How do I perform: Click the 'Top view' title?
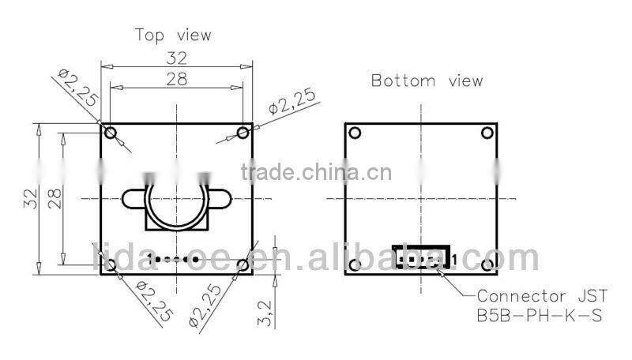tap(173, 35)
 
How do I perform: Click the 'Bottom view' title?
tap(427, 81)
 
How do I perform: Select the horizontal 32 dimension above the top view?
tap(176, 58)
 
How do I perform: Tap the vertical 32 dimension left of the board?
tap(30, 198)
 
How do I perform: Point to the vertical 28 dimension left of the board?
tap(55, 198)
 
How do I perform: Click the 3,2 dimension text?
tap(266, 313)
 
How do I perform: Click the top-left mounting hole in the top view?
tap(110, 132)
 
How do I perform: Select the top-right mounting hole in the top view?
tap(244, 132)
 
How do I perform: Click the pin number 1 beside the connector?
tap(456, 258)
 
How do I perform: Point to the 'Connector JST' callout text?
tap(541, 297)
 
